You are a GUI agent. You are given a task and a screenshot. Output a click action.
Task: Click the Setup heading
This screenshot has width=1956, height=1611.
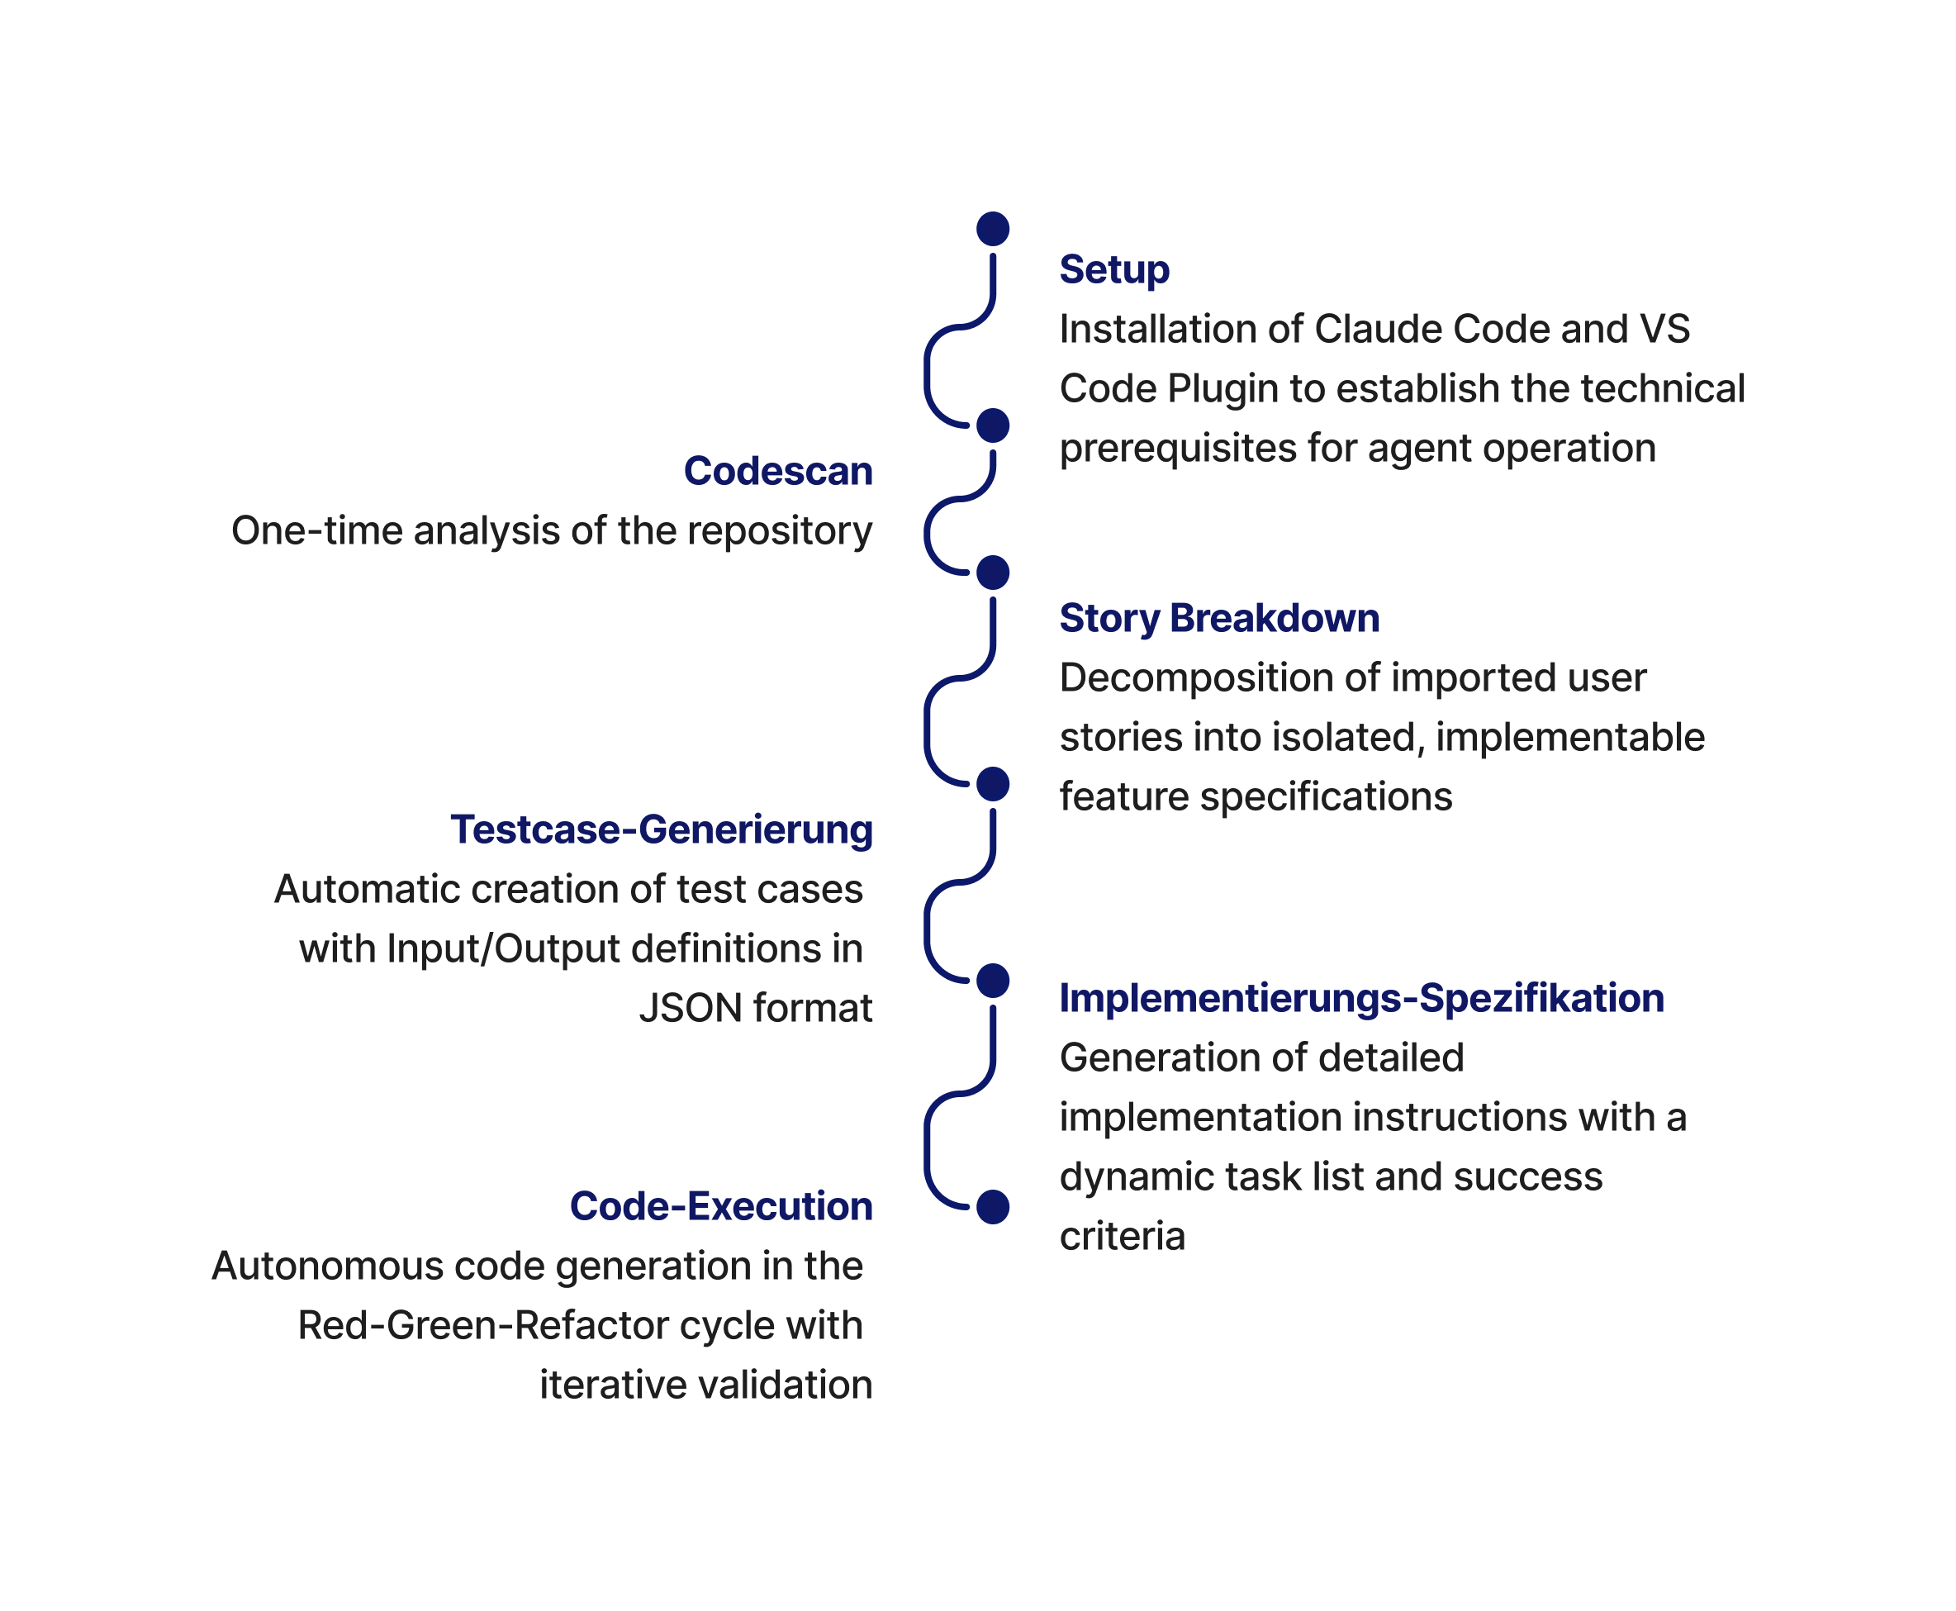[x=1113, y=270]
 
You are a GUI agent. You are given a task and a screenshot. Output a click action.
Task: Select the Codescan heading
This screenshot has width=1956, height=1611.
[x=777, y=472]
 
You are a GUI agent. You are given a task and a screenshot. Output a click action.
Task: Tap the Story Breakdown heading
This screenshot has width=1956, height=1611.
[x=1219, y=619]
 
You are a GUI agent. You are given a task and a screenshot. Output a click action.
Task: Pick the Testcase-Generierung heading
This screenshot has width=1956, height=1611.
[x=661, y=829]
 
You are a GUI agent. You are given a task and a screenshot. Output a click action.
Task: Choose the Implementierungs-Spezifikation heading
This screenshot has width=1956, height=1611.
[x=1361, y=999]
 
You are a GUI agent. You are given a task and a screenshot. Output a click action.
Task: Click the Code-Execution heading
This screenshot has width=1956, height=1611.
[x=720, y=1206]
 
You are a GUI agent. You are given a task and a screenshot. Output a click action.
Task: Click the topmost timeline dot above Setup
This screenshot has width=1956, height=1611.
[x=993, y=229]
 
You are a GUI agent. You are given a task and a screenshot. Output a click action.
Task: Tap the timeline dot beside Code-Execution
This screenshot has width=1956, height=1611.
[x=993, y=1206]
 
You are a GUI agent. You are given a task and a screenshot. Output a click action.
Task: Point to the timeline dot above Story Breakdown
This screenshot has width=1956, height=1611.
[x=993, y=573]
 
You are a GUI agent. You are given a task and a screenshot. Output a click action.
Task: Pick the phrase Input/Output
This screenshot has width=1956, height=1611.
[x=503, y=949]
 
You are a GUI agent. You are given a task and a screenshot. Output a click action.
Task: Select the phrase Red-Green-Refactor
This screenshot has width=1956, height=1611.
[x=482, y=1326]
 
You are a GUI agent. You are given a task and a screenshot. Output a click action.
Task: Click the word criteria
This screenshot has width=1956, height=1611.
[x=1122, y=1237]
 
